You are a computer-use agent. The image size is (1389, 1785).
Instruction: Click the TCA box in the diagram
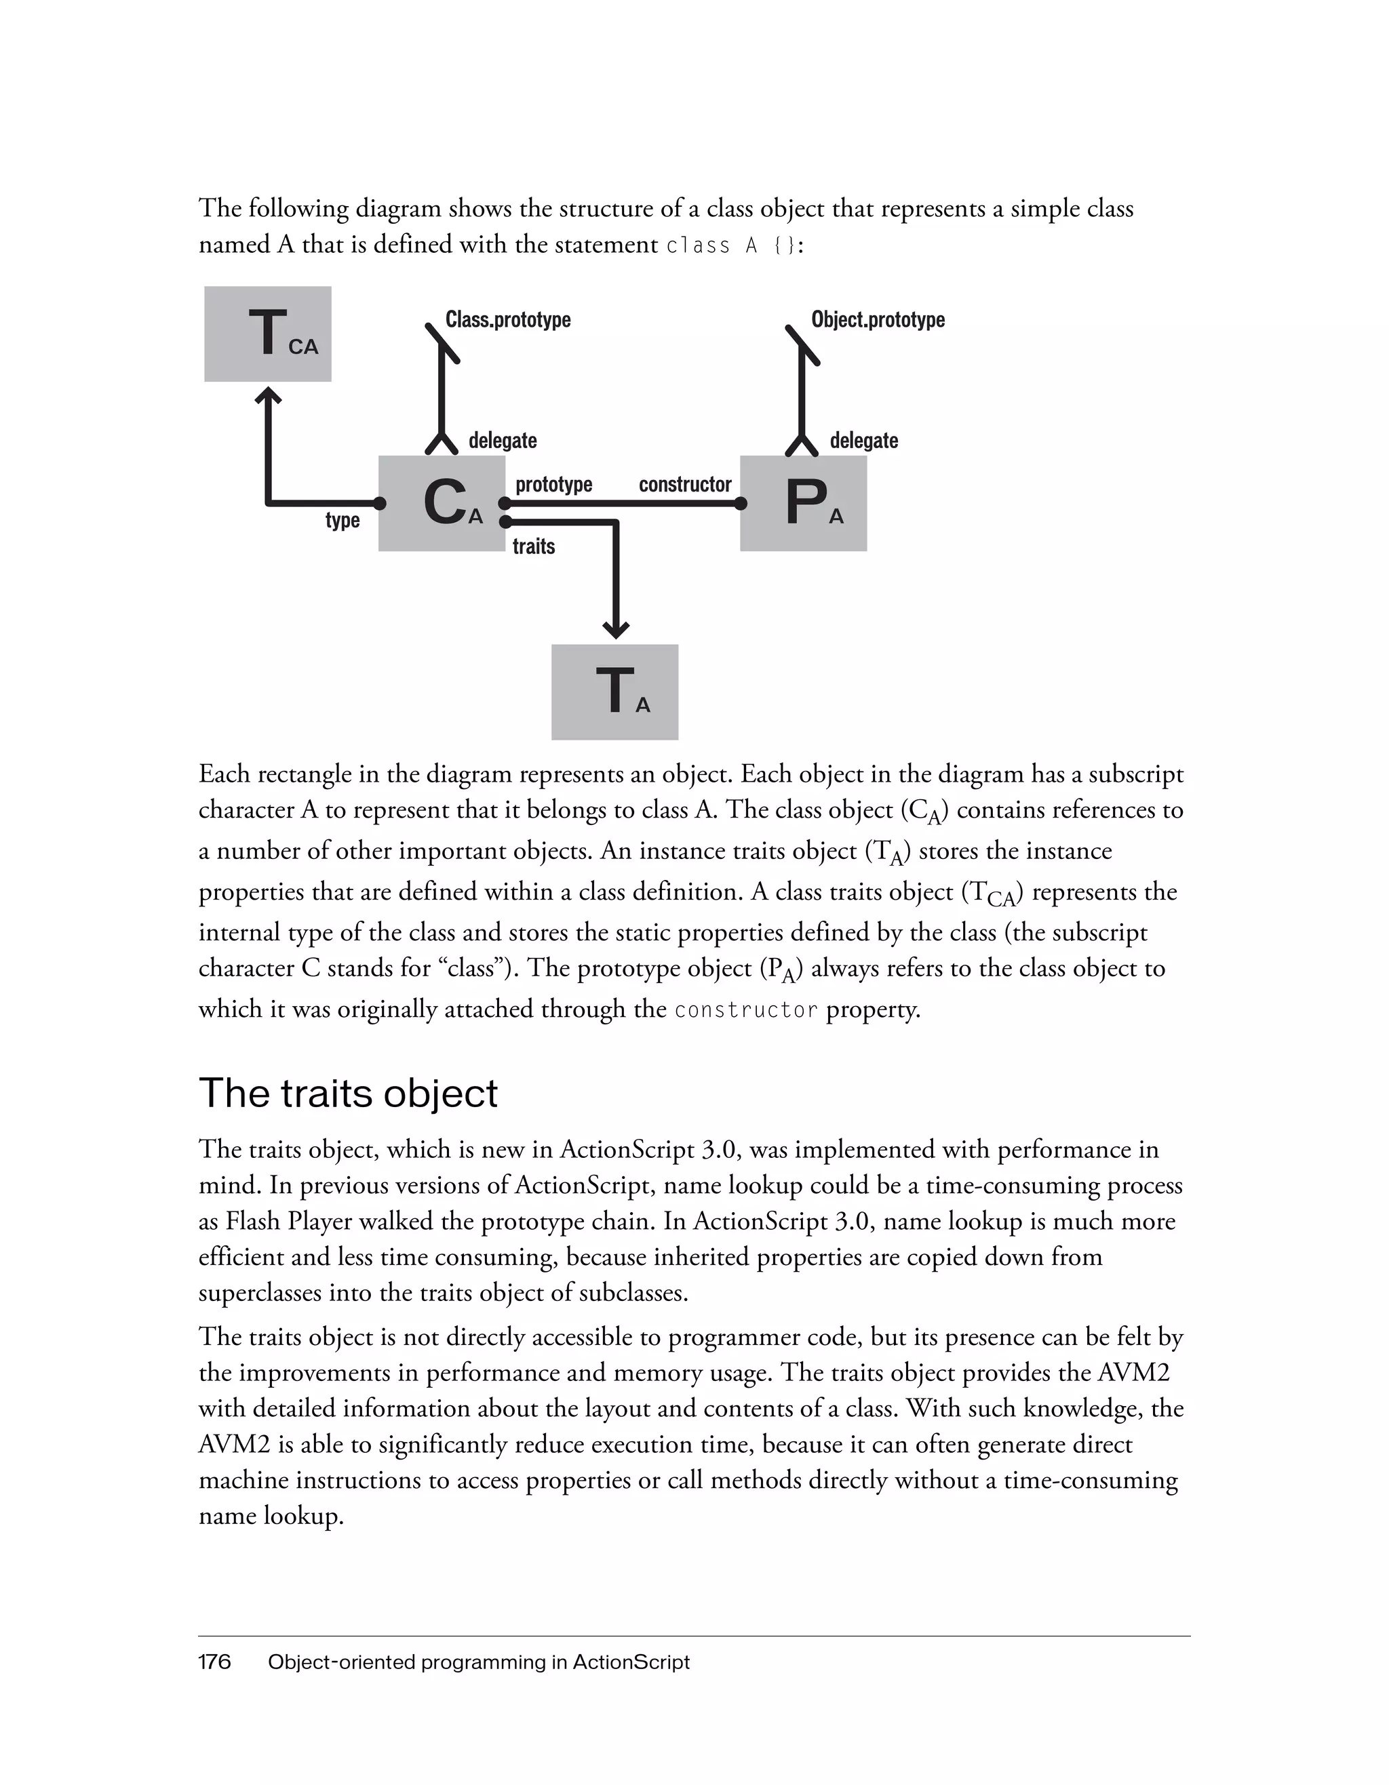click(x=267, y=334)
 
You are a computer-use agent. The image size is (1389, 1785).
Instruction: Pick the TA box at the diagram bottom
click(x=614, y=691)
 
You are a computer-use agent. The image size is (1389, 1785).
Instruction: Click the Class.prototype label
click(x=508, y=319)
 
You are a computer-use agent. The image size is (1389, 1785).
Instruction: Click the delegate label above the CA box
click(x=502, y=441)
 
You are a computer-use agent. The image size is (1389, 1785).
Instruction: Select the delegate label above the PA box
click(x=863, y=441)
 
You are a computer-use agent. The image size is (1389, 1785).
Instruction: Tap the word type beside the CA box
click(x=343, y=520)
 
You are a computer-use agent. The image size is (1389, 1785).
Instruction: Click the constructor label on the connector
click(x=684, y=485)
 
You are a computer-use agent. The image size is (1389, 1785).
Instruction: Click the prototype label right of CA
click(x=553, y=485)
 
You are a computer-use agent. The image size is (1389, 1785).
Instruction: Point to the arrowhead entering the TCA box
click(x=268, y=396)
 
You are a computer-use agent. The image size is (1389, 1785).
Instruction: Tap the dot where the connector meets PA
click(x=741, y=504)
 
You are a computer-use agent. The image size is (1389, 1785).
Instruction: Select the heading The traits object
click(x=349, y=1094)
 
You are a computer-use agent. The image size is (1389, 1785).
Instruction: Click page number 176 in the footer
click(x=214, y=1662)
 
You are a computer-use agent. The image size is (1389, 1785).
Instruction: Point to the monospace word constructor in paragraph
click(x=745, y=1010)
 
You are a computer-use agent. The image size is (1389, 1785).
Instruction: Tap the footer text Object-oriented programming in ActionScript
click(x=478, y=1662)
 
